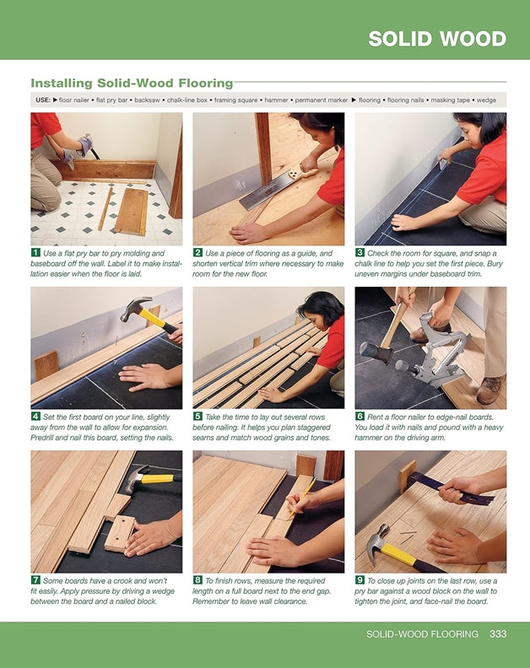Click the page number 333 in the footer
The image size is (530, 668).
coord(498,633)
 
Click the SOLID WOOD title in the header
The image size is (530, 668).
coord(437,39)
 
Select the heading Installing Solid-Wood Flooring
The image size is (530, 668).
coord(132,83)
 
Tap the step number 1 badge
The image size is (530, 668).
coord(35,252)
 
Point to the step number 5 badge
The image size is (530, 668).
coord(197,416)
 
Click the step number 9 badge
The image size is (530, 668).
coord(360,581)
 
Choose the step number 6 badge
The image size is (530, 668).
coord(360,416)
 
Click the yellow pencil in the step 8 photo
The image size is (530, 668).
coord(301,497)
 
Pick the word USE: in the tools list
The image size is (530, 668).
coord(42,100)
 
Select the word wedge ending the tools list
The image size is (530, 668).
coord(487,100)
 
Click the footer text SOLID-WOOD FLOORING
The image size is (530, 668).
coord(422,633)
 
